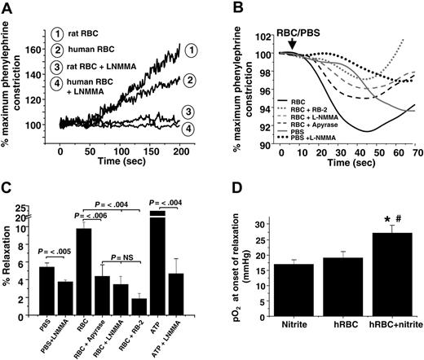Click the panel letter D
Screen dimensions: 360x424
(x=228, y=194)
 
